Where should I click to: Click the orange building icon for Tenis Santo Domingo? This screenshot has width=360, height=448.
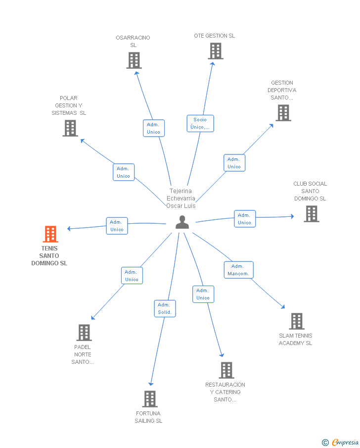[50, 234]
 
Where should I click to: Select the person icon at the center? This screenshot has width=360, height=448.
[182, 223]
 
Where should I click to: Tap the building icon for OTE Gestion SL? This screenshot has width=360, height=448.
[215, 51]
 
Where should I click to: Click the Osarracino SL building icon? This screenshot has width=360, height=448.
[134, 60]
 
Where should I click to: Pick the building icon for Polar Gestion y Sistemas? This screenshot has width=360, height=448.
[70, 128]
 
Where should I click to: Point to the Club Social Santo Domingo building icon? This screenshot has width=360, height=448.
[311, 214]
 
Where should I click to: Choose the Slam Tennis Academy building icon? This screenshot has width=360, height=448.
[296, 321]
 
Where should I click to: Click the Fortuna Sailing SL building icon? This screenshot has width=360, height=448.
[150, 398]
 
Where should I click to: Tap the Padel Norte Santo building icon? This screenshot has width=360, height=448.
[84, 332]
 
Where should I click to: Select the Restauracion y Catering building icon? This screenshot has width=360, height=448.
[226, 370]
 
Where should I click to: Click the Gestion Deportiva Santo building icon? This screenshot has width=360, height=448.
[283, 113]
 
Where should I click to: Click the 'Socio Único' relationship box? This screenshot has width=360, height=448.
[200, 123]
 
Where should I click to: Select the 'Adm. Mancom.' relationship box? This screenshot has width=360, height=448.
[238, 270]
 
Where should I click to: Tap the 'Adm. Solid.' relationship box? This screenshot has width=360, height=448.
[165, 308]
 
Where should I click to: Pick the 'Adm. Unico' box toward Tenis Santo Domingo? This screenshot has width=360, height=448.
[117, 226]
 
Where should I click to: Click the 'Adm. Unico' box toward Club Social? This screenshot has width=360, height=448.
[244, 219]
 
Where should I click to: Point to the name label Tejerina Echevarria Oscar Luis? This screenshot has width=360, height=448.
[181, 198]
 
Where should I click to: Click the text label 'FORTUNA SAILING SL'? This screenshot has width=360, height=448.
[148, 417]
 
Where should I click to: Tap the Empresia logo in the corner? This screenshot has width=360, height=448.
[341, 442]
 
